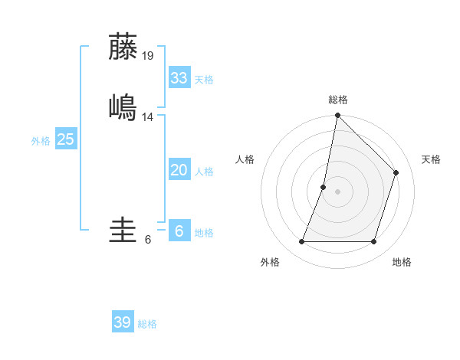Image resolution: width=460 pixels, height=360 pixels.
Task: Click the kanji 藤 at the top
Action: coord(123,47)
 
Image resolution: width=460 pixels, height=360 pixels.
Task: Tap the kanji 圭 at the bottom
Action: coord(123,231)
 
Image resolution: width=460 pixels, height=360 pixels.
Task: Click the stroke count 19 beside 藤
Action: coord(148,55)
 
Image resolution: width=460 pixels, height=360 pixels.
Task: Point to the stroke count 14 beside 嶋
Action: coord(148,116)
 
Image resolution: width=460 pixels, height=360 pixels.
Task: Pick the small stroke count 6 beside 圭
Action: coord(148,239)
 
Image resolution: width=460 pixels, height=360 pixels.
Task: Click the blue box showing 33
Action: coord(179,78)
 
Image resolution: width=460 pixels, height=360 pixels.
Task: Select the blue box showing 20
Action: coord(179,170)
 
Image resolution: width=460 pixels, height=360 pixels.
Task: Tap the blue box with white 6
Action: coord(179,231)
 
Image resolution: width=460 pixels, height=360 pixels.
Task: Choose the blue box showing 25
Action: coord(65,139)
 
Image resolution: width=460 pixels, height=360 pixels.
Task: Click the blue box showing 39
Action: coord(122,322)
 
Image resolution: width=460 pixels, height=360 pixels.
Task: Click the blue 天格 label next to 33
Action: coord(203,80)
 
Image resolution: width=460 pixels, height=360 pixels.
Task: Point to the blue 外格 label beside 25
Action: coord(41,141)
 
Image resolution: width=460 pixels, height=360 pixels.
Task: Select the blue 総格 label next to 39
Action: coord(147,324)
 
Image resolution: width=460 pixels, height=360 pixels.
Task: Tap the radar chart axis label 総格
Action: coord(337,100)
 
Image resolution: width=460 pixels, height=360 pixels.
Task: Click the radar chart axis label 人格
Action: coord(245,159)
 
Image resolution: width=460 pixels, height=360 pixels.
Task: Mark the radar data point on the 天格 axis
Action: coord(396,172)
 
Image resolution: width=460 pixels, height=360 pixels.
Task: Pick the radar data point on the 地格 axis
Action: coord(373,242)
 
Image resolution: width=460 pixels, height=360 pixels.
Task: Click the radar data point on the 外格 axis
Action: coord(301,242)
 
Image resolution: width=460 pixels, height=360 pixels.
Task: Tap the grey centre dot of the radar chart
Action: coord(337,191)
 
